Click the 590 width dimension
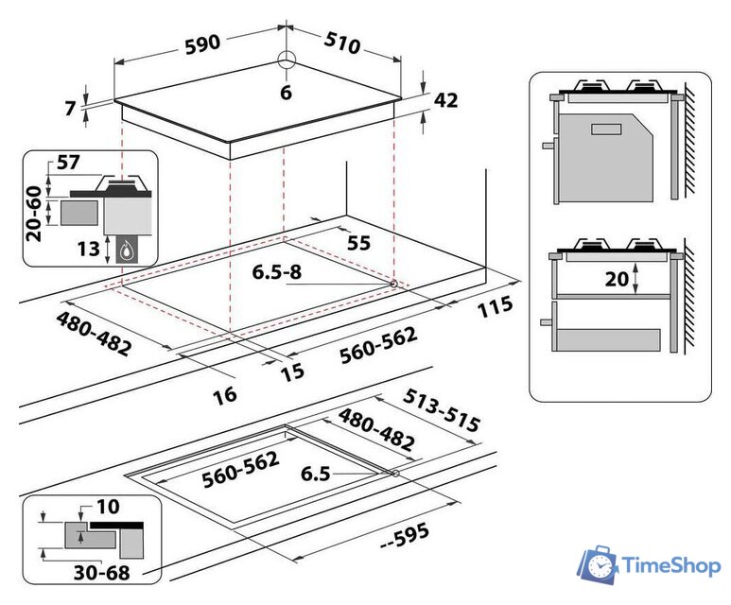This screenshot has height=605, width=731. (x=201, y=43)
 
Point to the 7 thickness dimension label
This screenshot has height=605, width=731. (x=71, y=109)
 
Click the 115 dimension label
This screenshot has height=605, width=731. (x=495, y=306)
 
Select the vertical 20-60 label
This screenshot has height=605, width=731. (x=35, y=213)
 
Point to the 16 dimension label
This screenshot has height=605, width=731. (x=224, y=394)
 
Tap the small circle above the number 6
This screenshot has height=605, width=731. (x=287, y=60)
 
